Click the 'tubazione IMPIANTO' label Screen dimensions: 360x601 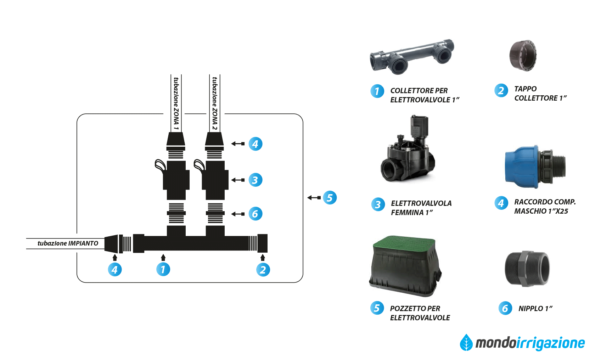pos(68,243)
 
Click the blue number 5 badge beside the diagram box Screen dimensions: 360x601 pos(330,198)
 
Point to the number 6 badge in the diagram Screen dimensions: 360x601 pos(255,214)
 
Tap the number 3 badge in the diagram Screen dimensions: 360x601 pos(255,180)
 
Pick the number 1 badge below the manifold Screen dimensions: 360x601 pos(163,269)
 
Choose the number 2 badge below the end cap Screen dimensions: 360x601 pos(263,270)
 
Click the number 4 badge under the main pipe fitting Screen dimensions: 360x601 pos(114,270)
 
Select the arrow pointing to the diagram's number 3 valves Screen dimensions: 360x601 pos(238,180)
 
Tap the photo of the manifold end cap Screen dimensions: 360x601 pos(523,56)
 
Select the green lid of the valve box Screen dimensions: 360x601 pos(404,244)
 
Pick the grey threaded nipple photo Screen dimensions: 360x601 pos(527,269)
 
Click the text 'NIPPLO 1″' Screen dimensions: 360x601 pos(535,309)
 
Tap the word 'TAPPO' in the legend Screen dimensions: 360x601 pos(526,89)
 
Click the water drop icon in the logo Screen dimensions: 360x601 pos(466,343)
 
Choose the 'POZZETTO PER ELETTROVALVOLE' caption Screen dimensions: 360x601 pos(420,313)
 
